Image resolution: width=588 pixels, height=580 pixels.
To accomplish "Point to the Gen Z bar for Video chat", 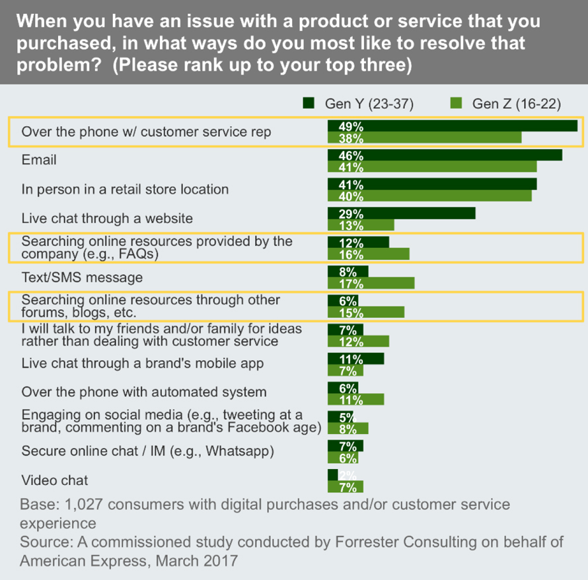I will pos(346,487).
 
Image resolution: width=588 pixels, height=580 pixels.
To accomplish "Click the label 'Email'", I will pos(39,160).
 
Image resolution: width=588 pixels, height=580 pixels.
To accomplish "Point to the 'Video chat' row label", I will pos(55,480).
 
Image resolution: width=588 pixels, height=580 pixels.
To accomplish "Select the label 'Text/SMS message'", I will pos(82,277).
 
